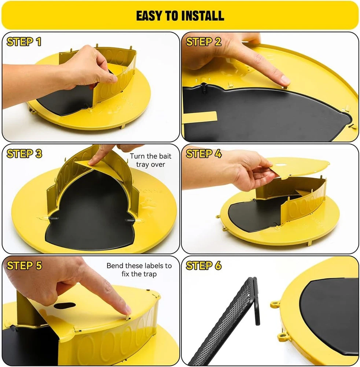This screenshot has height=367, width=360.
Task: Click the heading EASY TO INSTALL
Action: pos(180,16)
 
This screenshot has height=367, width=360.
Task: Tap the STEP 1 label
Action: pos(24,42)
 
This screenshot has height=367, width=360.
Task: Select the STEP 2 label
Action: pos(203,42)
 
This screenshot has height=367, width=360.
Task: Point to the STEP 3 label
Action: pos(24,153)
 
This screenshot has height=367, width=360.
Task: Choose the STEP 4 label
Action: pos(203,153)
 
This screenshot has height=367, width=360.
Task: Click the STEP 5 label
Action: pos(24,265)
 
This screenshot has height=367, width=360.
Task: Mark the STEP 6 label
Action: pos(203,265)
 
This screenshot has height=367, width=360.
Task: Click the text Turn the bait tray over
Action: pos(151,160)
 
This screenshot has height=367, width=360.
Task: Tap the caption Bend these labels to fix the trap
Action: pos(139,270)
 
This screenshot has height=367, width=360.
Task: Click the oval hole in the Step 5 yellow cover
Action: pos(65,305)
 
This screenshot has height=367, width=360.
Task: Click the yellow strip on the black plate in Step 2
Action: pos(200,116)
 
